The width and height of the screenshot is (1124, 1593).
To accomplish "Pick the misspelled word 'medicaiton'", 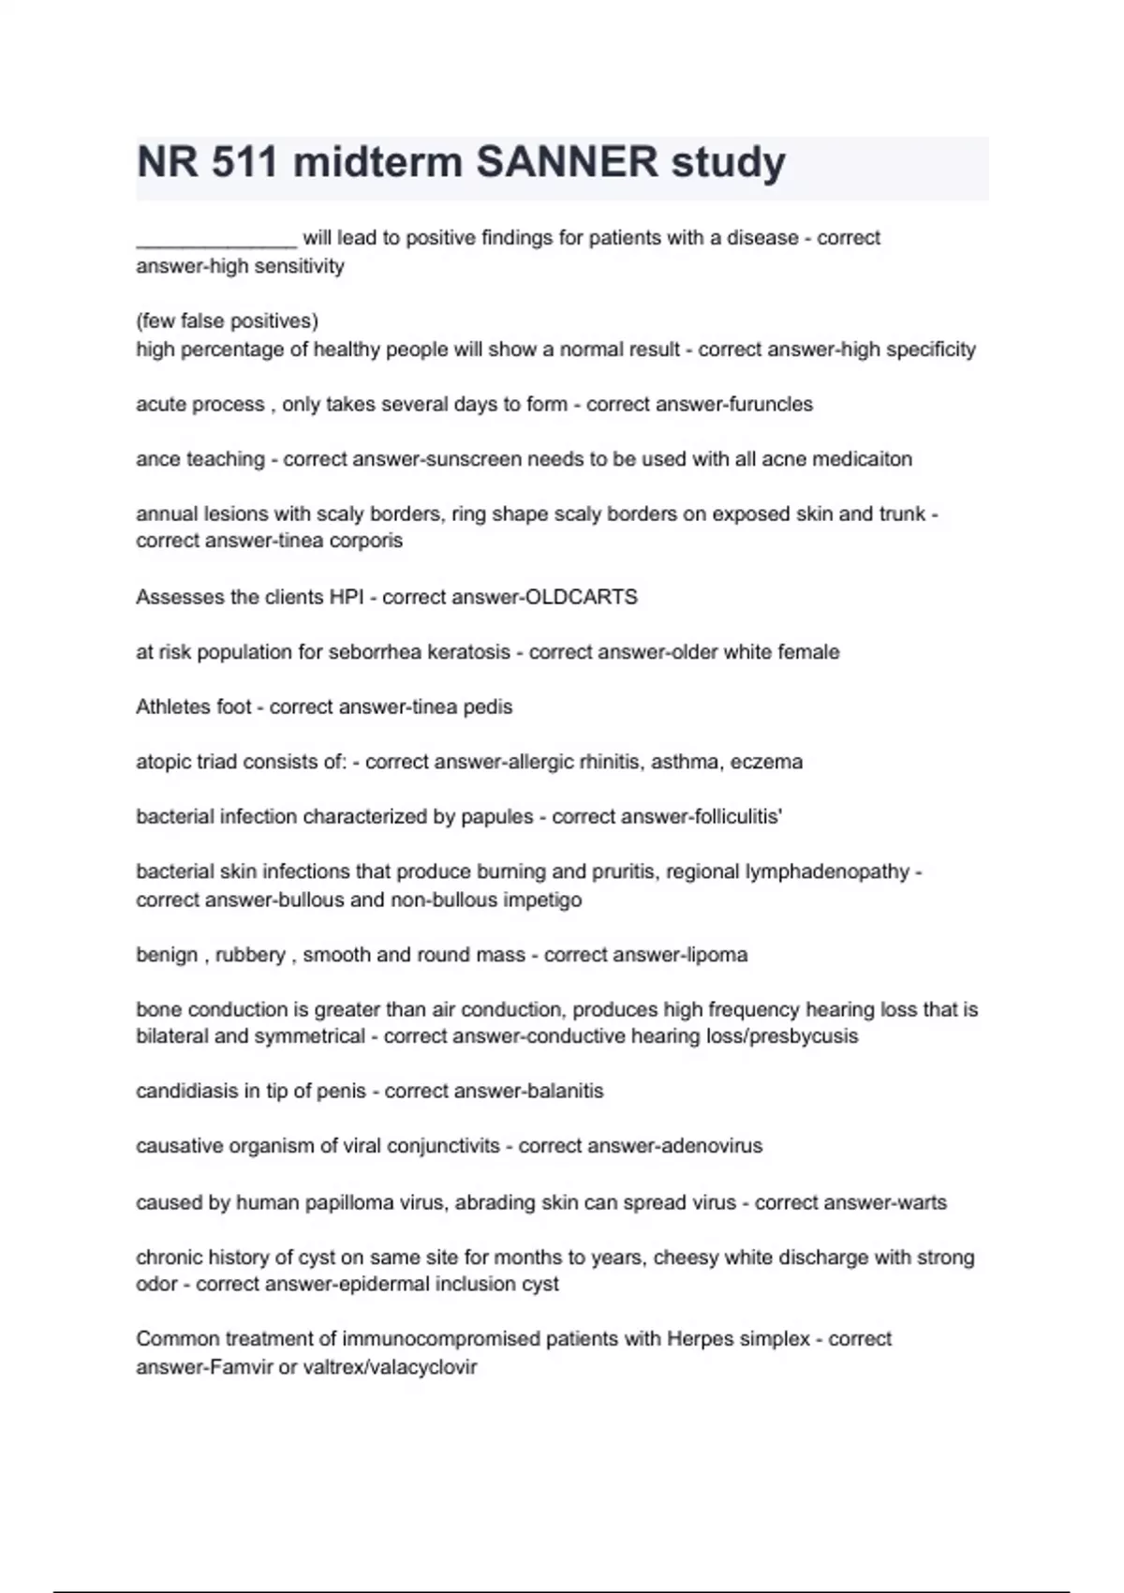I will click(x=864, y=459).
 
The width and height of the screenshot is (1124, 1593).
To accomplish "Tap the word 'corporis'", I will click(x=365, y=541).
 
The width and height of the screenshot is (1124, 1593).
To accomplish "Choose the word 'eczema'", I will click(x=766, y=762).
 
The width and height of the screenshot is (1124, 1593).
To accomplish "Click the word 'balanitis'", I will click(x=566, y=1091).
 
